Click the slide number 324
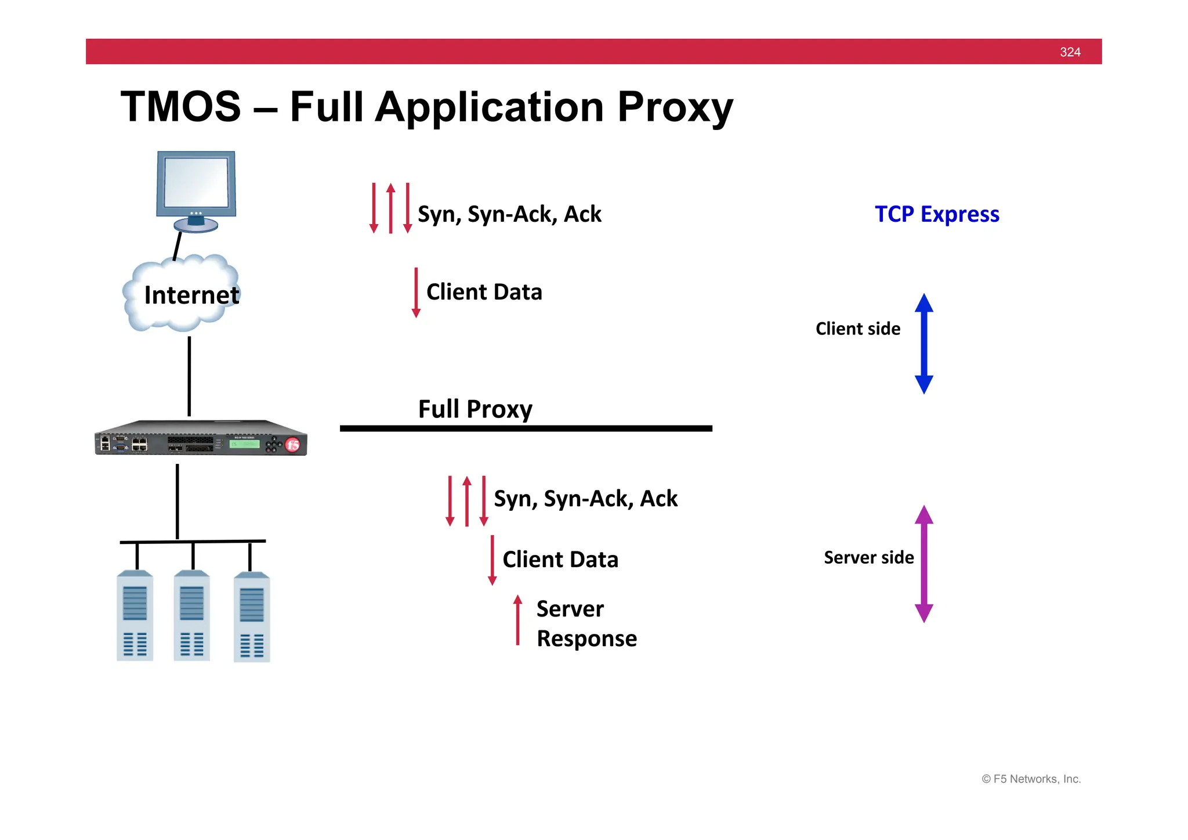(x=1070, y=52)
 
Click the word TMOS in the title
(x=180, y=107)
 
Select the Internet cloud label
(x=191, y=295)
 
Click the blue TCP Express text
(x=936, y=214)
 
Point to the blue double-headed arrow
(x=923, y=344)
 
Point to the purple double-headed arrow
(x=923, y=564)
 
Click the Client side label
(x=857, y=329)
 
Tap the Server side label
(x=868, y=558)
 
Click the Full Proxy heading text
(x=475, y=409)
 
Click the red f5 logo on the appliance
(x=293, y=445)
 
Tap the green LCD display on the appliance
(x=244, y=444)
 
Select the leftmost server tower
(x=135, y=617)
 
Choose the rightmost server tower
(x=251, y=618)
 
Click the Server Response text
(x=586, y=623)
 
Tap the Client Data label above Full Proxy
(x=484, y=292)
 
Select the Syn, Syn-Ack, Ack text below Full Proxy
(x=585, y=499)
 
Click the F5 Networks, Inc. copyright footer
(x=1031, y=779)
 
